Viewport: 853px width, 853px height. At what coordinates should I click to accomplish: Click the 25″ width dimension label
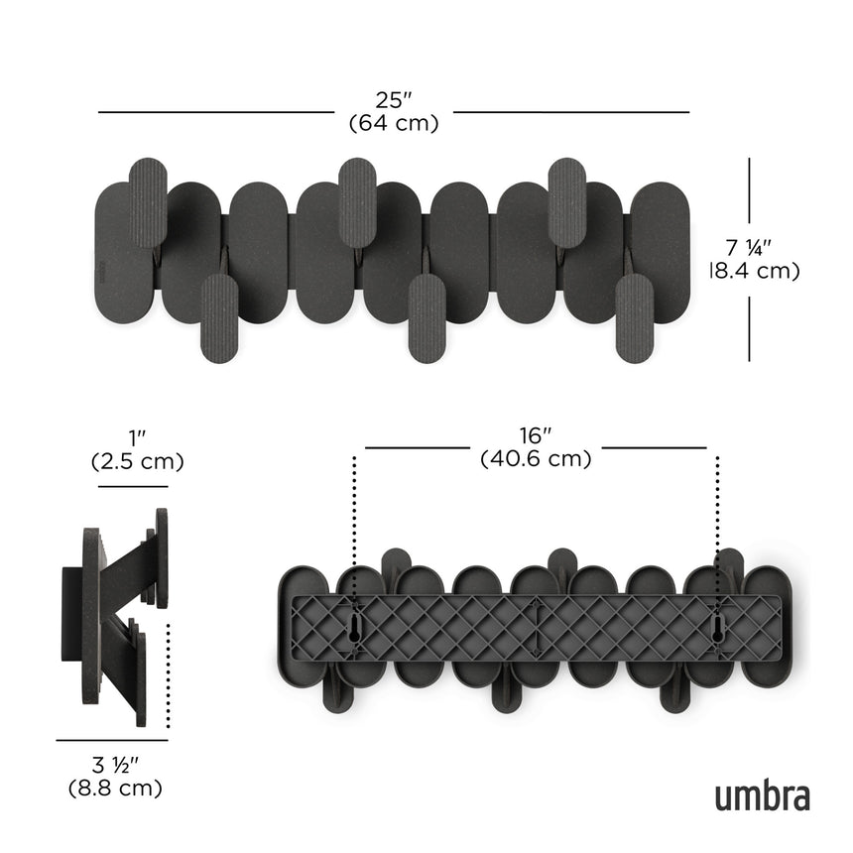(x=393, y=100)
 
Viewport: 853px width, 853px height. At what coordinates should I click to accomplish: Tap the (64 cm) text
(x=393, y=123)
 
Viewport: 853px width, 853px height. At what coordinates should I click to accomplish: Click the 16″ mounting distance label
(x=536, y=435)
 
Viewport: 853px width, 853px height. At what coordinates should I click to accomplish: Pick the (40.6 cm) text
(x=536, y=459)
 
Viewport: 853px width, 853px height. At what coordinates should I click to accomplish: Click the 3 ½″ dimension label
(x=114, y=766)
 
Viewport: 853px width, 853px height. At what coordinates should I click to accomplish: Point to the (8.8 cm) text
(x=114, y=790)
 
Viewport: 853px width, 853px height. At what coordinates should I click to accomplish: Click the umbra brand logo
(x=762, y=795)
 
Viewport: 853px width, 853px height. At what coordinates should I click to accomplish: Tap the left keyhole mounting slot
(x=354, y=627)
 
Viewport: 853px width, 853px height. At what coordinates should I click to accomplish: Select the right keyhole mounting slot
(x=717, y=627)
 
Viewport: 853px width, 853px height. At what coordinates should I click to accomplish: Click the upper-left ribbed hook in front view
(x=149, y=202)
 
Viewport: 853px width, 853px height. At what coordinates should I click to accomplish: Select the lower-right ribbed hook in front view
(x=632, y=319)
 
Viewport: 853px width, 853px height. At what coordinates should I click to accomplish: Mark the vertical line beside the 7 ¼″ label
(x=749, y=258)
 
